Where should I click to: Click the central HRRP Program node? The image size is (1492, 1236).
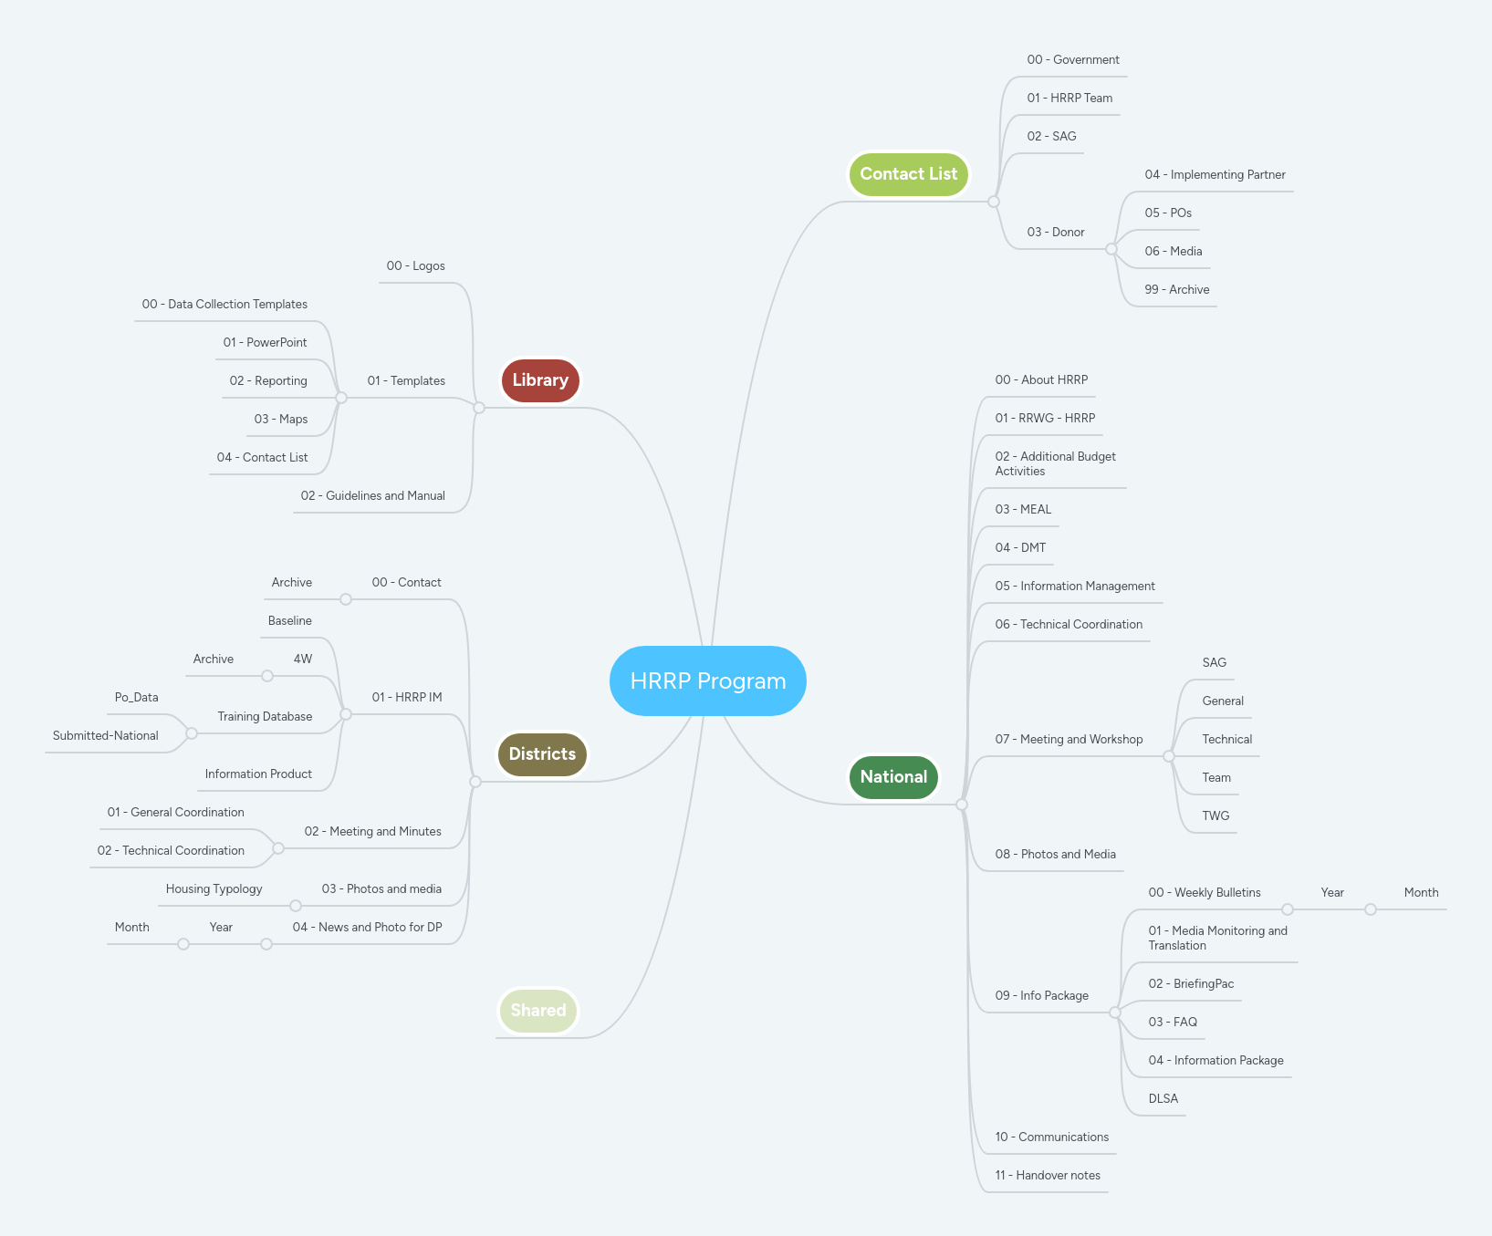coord(707,680)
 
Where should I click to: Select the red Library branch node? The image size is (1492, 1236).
coord(540,380)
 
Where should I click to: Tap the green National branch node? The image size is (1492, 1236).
coord(893,777)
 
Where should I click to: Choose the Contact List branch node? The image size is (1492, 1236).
coord(908,174)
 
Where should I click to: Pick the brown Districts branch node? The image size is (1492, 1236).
coord(542,754)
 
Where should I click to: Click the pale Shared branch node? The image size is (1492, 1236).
coord(538,1011)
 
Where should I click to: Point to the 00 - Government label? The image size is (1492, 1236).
coord(1072,60)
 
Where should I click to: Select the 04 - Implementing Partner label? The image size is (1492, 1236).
coord(1215,175)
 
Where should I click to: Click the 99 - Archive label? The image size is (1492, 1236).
coord(1176,290)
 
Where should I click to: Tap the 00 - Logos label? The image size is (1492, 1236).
coord(415,266)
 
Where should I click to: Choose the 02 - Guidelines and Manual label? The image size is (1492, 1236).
coord(372,496)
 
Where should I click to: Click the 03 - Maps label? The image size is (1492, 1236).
coord(280,420)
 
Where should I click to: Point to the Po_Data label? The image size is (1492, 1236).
coord(136,698)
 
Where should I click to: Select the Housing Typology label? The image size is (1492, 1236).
coord(214,889)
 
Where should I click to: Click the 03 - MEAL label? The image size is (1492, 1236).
coord(1022,510)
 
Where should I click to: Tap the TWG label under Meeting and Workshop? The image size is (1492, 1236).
coord(1215,816)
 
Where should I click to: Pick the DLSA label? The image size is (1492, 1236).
coord(1163,1099)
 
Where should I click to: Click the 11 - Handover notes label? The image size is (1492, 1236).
coord(1047,1176)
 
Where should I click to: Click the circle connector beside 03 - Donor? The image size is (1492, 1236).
coord(1111,249)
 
